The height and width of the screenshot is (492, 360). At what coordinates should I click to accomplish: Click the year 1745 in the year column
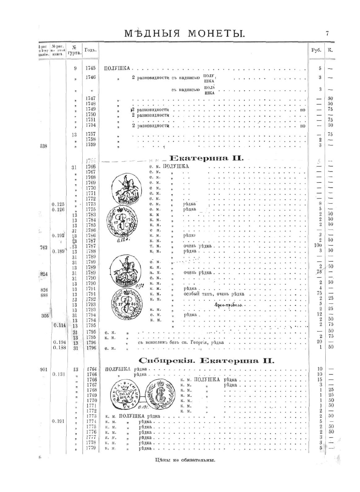(x=90, y=68)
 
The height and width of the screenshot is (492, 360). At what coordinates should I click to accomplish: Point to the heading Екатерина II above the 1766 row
(x=207, y=159)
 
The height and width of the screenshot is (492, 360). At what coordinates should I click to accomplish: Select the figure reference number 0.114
(x=60, y=325)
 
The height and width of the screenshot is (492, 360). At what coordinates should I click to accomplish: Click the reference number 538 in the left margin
(x=44, y=146)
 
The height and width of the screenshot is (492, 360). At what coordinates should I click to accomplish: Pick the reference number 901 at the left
(x=44, y=369)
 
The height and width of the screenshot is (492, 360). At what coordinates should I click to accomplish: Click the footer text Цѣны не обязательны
(x=185, y=460)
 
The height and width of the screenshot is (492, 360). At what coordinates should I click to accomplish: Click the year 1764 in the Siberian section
(x=92, y=369)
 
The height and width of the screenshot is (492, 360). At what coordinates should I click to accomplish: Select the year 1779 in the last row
(x=92, y=448)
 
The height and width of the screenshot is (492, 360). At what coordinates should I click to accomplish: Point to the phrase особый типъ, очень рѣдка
(x=214, y=294)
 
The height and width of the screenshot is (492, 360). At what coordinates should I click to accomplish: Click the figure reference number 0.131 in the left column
(x=58, y=374)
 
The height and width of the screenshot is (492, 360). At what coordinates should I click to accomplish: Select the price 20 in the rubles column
(x=319, y=342)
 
